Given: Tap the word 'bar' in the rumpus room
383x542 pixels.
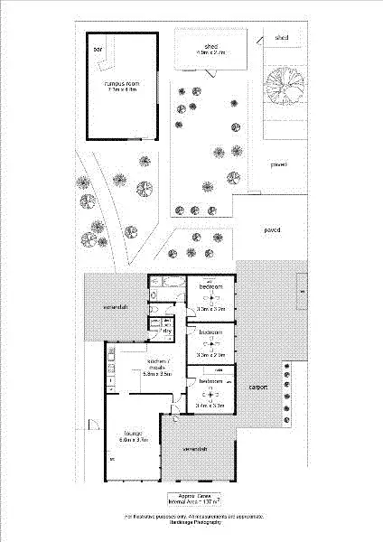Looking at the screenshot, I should point(98,49).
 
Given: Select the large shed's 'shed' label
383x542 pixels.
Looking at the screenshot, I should point(210,46).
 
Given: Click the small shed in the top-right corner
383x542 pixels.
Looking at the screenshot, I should point(282,38).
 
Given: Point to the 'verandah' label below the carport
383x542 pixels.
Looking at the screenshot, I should point(196,449).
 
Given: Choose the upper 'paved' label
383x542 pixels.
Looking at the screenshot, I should point(278,165).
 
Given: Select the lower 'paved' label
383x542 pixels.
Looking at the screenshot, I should point(271,229).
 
